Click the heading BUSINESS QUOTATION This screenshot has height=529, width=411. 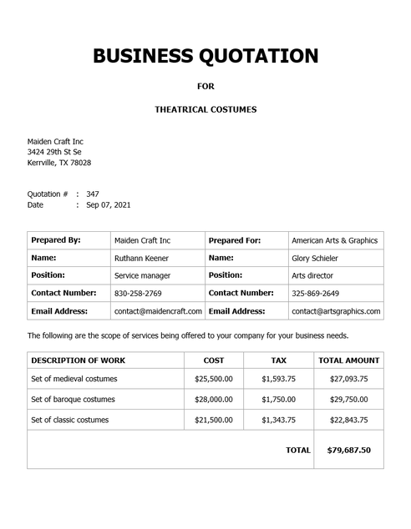[205, 56]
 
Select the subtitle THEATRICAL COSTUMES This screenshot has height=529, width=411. [205, 109]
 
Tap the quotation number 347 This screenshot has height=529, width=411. [93, 194]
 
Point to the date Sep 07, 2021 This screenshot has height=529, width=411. [109, 204]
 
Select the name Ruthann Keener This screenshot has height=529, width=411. [142, 258]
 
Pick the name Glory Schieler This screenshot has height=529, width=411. [315, 258]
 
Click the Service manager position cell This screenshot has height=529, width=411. [142, 275]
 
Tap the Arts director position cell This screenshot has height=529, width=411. [312, 275]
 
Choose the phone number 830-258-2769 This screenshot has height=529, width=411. [138, 294]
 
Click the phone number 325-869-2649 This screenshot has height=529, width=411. [316, 294]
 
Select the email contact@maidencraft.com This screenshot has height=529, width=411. [158, 311]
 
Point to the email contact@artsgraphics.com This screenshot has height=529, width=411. [336, 311]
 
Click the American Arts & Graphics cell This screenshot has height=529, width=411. [334, 240]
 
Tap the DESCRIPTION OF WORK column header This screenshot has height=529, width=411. [79, 360]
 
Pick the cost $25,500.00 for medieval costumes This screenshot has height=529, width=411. [214, 379]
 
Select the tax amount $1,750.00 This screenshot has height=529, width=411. [278, 399]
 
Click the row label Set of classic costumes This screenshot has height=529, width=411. [70, 420]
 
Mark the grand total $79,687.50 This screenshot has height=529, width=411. [349, 450]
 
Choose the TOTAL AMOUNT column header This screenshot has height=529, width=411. [349, 360]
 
